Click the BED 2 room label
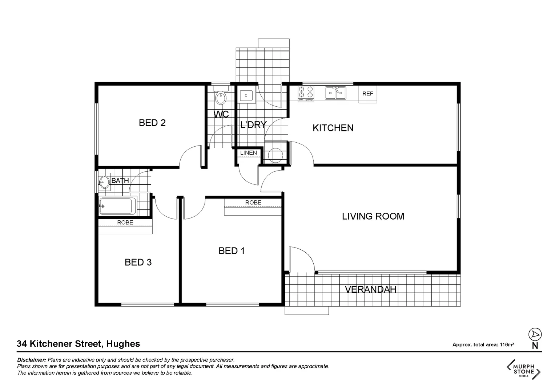[x=152, y=123]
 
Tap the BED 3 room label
[x=138, y=262]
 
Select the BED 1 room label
[x=232, y=251]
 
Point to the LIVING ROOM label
[x=373, y=216]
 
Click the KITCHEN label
[x=333, y=128]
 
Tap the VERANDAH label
[x=370, y=289]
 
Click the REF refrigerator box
[x=368, y=94]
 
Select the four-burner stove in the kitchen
[x=306, y=93]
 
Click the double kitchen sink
[x=335, y=93]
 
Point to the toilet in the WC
[x=220, y=97]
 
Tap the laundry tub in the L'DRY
[x=246, y=96]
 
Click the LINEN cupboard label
[x=249, y=153]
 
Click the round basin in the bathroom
[x=105, y=182]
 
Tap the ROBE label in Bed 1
[x=253, y=203]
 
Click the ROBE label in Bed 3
[x=125, y=222]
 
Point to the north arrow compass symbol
[x=535, y=334]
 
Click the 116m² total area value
[x=507, y=345]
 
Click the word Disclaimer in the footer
[x=32, y=360]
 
